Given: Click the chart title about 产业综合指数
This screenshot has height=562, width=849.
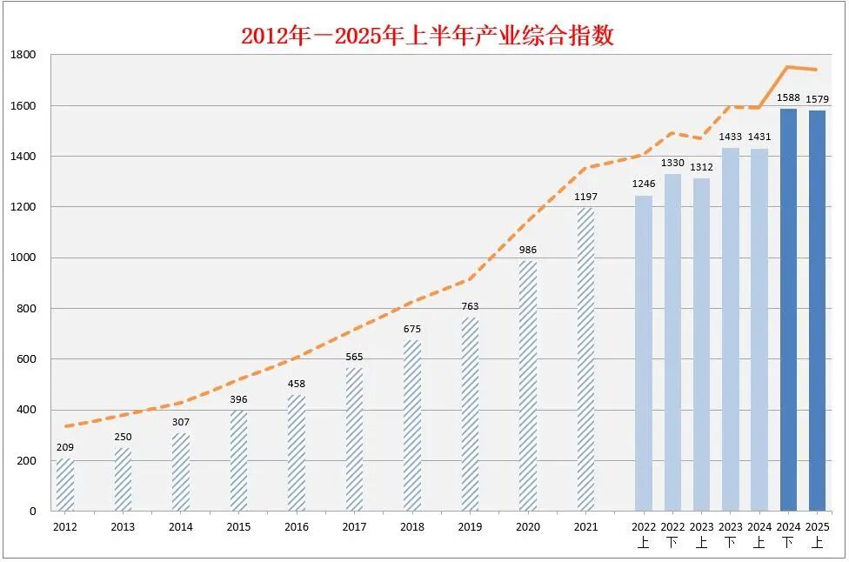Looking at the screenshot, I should tap(427, 36).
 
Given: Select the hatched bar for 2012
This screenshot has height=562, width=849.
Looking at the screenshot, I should tap(65, 485).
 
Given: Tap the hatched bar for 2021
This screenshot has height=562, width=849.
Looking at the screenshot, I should tap(586, 359).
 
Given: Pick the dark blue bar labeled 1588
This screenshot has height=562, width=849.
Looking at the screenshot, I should tap(788, 310).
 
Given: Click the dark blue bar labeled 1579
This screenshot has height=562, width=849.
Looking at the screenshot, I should tap(817, 311).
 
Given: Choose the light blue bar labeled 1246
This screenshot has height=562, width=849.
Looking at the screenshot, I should tap(644, 353).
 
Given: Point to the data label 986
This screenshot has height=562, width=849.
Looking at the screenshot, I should tap(528, 250).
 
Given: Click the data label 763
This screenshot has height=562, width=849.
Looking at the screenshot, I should tap(471, 306).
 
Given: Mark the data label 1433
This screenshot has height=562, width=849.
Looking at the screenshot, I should tap(731, 137).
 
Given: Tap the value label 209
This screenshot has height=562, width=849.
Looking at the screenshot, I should tap(65, 447).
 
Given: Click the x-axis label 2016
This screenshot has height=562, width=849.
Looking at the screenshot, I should tap(297, 527).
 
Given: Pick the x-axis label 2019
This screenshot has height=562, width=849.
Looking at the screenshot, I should tap(470, 527).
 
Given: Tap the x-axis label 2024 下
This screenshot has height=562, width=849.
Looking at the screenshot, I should tap(788, 534).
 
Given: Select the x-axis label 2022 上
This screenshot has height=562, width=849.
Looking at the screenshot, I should tap(644, 534).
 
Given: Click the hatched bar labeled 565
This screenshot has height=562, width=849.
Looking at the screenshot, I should tap(355, 439).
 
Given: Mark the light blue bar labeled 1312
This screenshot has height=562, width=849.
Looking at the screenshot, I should tap(701, 345).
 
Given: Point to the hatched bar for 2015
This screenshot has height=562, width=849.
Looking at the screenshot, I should tap(239, 461).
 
